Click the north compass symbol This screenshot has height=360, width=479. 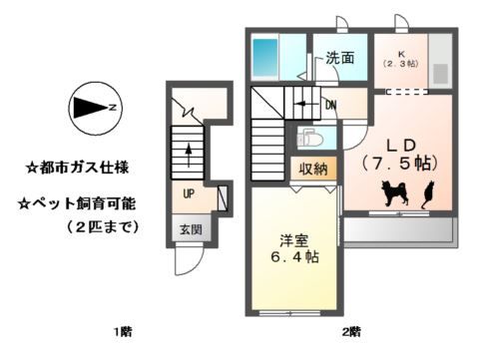95,108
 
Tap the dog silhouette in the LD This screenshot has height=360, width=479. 395,192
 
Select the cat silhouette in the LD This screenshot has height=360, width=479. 428,194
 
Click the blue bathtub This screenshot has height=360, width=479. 265,58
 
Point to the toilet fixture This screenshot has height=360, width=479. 309,138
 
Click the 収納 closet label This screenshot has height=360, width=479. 313,170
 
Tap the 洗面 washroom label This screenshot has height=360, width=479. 339,58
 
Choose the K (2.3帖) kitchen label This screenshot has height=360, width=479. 400,60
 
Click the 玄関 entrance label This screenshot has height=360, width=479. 191,229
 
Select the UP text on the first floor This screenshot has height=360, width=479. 189,193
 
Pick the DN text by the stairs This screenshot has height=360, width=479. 331,106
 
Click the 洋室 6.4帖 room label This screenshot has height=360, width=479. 294,248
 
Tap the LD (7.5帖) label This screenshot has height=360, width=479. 400,155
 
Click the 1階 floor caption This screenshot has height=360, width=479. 123,331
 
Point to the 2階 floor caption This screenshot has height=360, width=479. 351,331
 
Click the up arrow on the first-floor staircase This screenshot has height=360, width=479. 189,156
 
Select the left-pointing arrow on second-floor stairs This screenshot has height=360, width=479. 305,104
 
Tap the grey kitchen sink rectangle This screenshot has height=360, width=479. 440,73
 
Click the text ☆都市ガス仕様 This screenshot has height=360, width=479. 78,168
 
